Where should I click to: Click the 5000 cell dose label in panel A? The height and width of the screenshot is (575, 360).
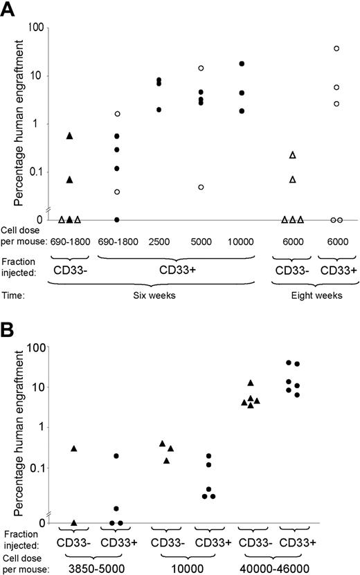[x=201, y=241]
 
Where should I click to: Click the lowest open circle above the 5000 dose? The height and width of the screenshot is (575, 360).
[x=201, y=187]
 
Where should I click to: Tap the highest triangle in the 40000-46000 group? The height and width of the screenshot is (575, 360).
[x=251, y=383]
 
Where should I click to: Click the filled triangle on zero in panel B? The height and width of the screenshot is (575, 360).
[x=74, y=522]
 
